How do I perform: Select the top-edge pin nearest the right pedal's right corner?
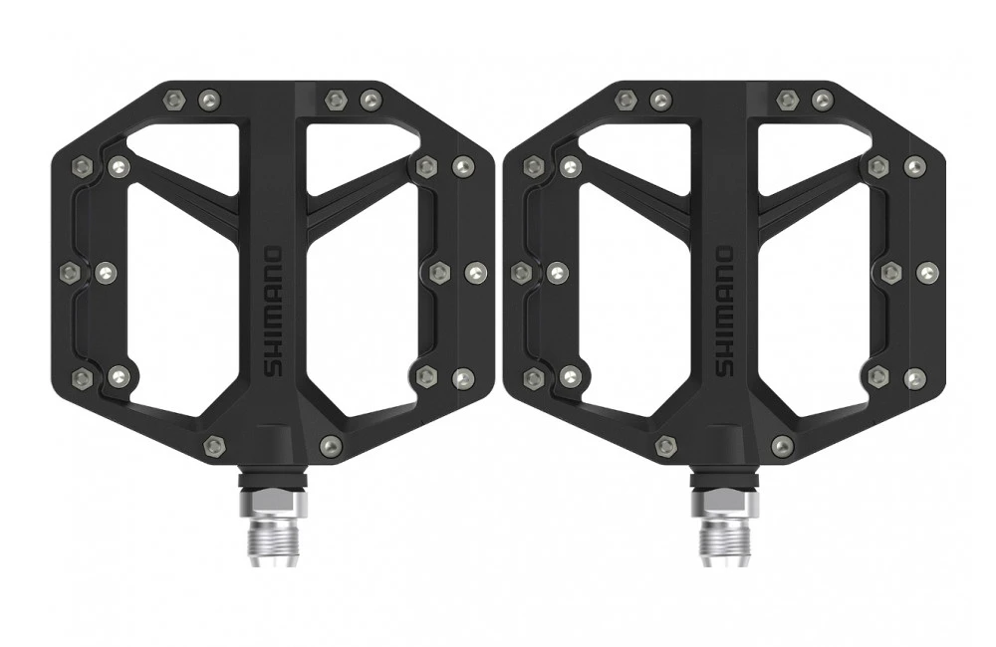click(x=823, y=99)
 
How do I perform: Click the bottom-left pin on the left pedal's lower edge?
click(x=213, y=445)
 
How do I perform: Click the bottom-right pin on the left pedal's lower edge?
click(x=330, y=445)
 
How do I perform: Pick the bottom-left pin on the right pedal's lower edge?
click(x=664, y=445)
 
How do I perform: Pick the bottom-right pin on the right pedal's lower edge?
click(x=783, y=445)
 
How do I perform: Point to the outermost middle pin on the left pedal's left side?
click(x=69, y=271)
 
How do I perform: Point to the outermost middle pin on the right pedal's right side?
click(x=928, y=271)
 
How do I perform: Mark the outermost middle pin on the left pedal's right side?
click(x=476, y=271)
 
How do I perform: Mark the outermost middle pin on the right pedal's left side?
click(x=520, y=271)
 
